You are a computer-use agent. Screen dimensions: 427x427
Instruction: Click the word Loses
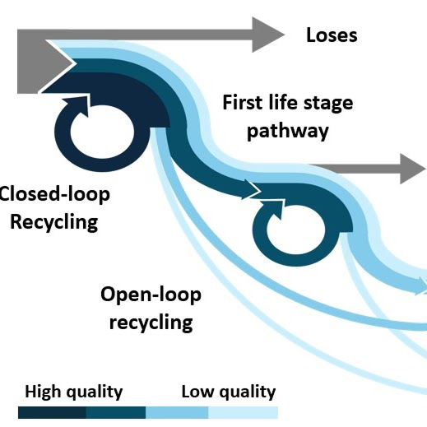click(332, 35)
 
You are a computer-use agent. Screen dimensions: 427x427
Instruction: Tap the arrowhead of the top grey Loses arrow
click(267, 35)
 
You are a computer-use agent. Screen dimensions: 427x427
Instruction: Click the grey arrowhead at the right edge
click(412, 169)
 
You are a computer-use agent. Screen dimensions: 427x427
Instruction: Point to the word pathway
click(288, 132)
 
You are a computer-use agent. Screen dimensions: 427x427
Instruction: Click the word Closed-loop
click(54, 194)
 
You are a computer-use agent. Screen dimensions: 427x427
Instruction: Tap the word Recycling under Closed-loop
click(54, 222)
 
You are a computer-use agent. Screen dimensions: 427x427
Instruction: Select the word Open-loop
click(151, 295)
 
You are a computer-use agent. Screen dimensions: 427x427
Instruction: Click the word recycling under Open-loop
click(151, 323)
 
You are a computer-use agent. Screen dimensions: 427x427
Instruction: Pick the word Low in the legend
click(197, 392)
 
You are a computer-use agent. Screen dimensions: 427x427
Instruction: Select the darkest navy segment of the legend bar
click(52, 412)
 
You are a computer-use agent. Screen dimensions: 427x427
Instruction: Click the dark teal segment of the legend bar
click(116, 412)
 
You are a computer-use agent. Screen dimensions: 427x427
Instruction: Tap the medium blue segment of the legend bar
click(177, 412)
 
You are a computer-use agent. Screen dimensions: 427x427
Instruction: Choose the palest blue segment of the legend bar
click(244, 412)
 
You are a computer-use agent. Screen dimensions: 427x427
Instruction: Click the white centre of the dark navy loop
click(102, 132)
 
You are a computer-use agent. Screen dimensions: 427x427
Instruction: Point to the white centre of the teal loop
click(295, 230)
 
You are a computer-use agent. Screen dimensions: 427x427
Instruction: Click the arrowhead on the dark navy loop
click(78, 105)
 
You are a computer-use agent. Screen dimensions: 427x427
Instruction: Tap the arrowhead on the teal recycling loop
click(273, 210)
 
